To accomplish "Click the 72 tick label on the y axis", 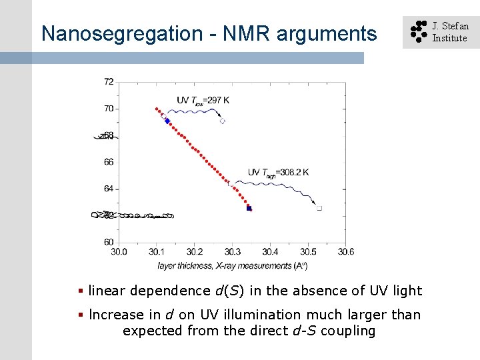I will pos(109,81).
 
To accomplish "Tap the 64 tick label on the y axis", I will pos(109,189).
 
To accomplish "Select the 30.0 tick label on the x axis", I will pos(119,251).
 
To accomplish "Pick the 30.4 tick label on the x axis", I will pos(270,251).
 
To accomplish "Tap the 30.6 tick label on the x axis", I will pos(345,251).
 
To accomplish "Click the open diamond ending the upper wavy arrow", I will pos(222,121).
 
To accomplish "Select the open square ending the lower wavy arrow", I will pos(319,208).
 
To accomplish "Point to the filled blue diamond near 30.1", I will pos(167,121).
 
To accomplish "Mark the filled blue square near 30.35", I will pos(249,209).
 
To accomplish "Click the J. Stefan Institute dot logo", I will pos(418,32).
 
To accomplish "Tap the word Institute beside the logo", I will pos(449,38).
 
